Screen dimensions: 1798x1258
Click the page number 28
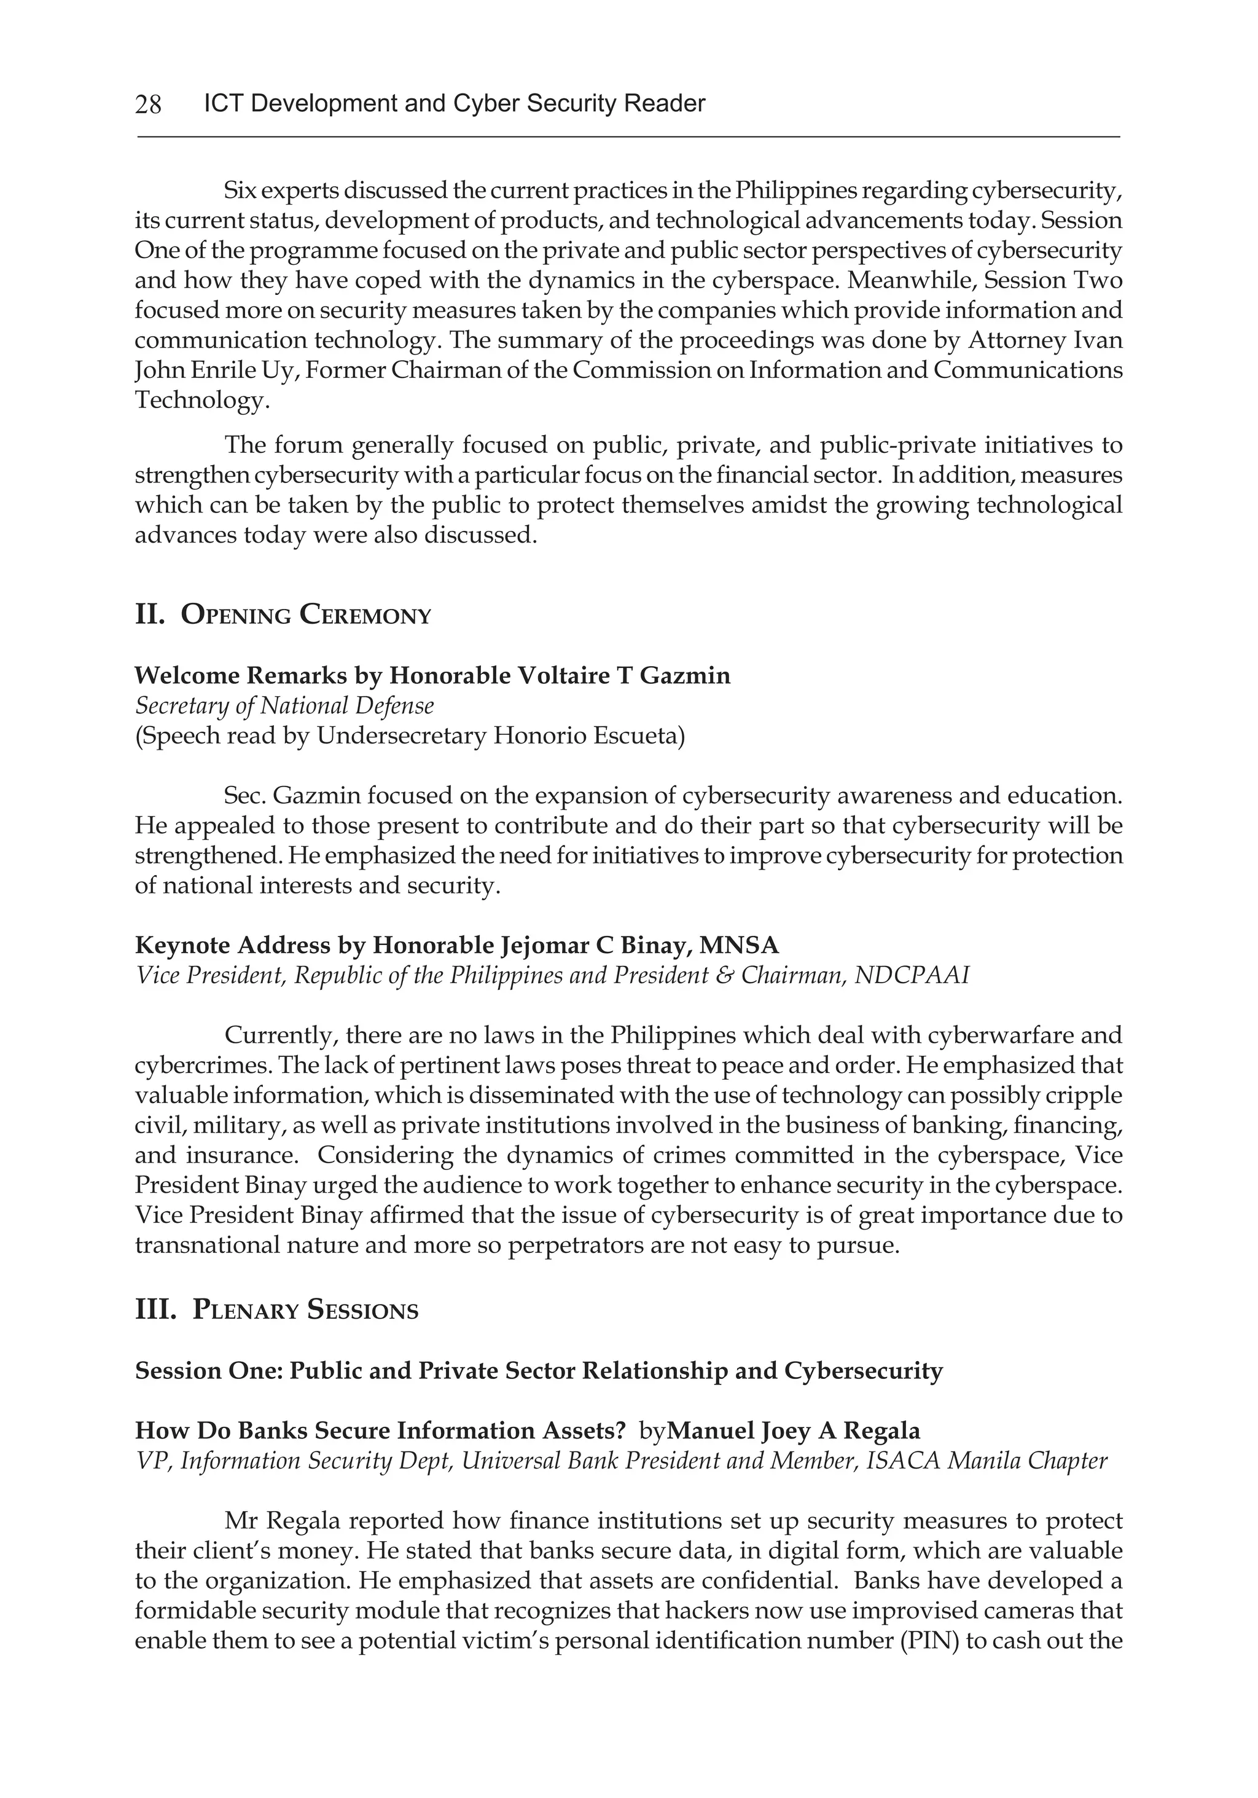point(149,104)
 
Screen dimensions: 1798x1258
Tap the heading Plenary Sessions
point(305,1309)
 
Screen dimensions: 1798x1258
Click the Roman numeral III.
point(155,1309)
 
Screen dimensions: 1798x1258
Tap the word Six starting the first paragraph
point(240,190)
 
